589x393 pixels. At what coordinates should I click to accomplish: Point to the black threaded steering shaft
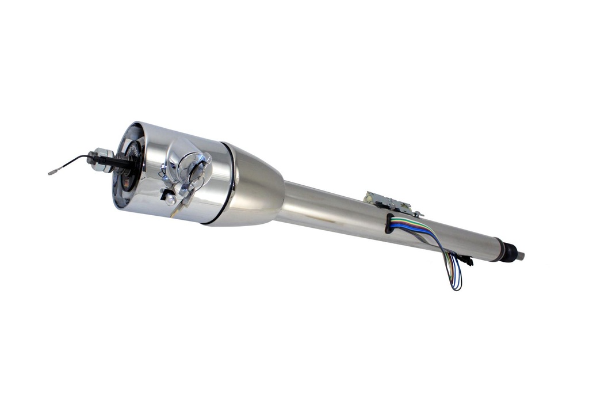tap(124, 162)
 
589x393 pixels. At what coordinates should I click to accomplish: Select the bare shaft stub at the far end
tap(520, 256)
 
